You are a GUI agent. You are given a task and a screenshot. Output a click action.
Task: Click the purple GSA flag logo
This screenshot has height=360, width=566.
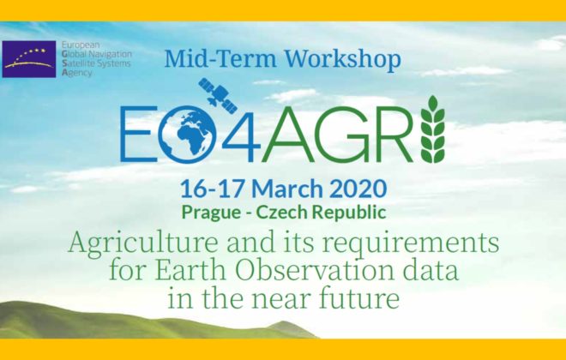point(29,59)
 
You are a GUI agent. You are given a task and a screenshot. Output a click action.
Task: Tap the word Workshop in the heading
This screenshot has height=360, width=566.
point(342,59)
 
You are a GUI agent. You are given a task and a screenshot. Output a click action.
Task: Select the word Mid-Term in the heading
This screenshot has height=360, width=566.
point(220,58)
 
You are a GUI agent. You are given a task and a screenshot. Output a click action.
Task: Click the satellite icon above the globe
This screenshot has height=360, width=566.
point(218,95)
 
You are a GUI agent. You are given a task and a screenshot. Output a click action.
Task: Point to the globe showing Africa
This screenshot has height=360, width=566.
point(187,135)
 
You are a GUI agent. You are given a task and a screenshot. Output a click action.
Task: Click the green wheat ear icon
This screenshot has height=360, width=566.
point(433,129)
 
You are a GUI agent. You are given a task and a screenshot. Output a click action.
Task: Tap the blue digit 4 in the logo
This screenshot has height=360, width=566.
point(241,134)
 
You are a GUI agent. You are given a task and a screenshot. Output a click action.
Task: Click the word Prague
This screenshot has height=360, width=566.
point(211,213)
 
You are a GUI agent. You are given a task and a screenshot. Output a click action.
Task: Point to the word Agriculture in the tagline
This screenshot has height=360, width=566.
point(143,243)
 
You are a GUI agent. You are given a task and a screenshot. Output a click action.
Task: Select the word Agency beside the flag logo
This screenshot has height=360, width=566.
point(77,72)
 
